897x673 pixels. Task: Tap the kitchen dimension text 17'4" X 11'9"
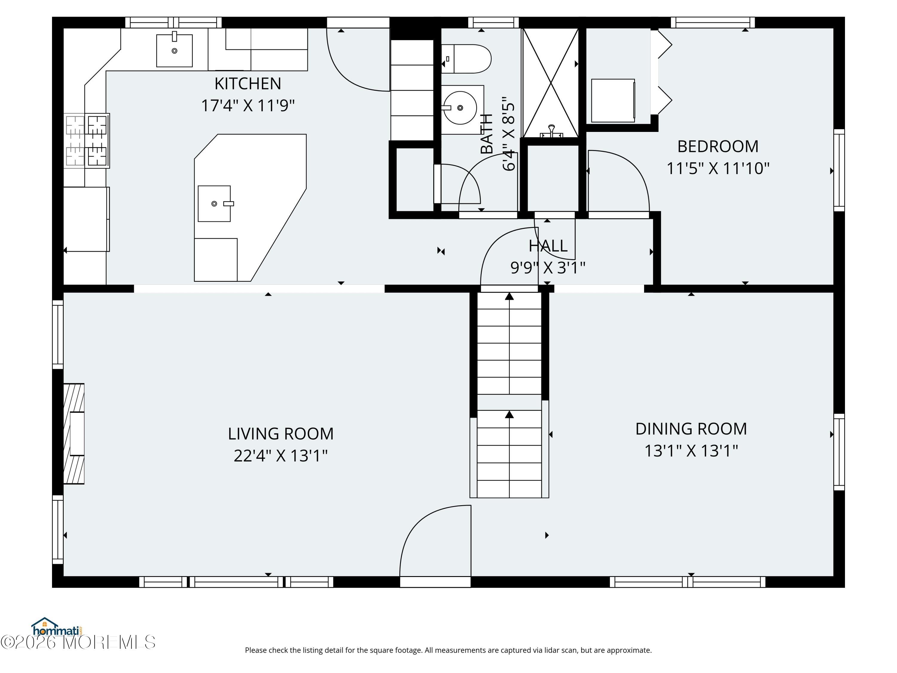(248, 106)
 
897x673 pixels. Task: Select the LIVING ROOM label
(281, 434)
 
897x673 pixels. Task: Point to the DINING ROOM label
(691, 429)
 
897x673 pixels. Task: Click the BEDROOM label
(718, 147)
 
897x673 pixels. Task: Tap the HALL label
(548, 246)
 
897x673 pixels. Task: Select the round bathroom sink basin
(460, 108)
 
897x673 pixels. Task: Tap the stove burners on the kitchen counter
(86, 140)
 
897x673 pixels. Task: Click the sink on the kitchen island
(214, 204)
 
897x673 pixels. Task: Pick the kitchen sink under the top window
(174, 49)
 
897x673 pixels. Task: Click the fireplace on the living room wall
(74, 434)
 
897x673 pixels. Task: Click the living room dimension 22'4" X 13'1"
(281, 456)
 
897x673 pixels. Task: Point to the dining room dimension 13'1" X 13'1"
(691, 451)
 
